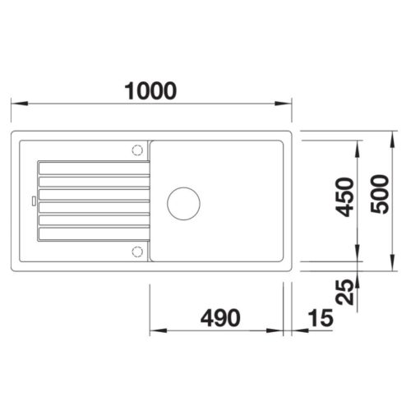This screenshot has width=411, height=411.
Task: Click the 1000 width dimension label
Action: tap(150, 90)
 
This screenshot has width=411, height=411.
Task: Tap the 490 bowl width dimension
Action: tap(220, 318)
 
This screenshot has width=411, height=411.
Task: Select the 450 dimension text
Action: tap(344, 197)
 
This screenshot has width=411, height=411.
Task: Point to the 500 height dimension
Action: tap(380, 194)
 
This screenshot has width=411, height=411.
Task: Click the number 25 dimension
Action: tap(344, 292)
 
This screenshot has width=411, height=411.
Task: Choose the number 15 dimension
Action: tap(321, 318)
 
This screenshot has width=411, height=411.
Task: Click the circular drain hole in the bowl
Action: tap(183, 204)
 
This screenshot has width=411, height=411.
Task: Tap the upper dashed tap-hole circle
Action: tap(137, 150)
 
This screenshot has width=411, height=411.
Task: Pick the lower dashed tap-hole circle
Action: tap(137, 252)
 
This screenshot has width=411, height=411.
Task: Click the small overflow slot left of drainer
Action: tap(34, 201)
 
